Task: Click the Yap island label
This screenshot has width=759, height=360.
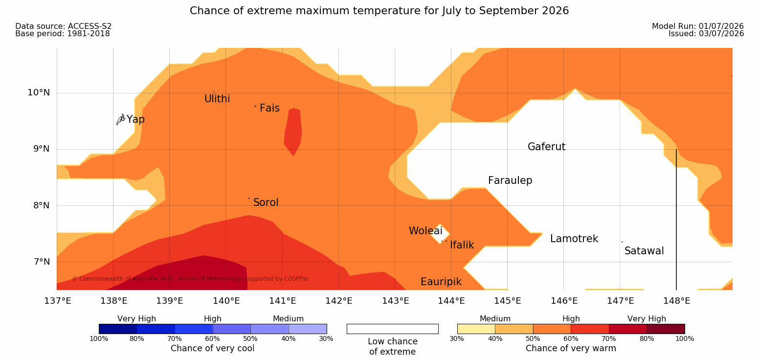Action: coord(135,120)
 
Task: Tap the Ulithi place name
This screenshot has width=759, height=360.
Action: coord(217,99)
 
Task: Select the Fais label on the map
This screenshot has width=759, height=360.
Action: coord(270,108)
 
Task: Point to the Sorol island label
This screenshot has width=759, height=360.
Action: coord(266,202)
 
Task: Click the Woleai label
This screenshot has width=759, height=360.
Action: coord(425,231)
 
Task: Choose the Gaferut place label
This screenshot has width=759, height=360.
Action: coord(547,147)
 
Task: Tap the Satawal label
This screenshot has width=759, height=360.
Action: coord(644,251)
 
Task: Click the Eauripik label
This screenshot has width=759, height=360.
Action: coord(441,282)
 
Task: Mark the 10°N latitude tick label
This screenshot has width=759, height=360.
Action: coord(39,92)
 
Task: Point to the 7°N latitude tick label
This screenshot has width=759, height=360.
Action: coord(42,262)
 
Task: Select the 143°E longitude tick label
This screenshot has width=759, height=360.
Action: coord(396,301)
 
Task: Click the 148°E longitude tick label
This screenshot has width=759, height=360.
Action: coord(676,301)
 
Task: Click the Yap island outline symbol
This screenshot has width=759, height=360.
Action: coord(121,120)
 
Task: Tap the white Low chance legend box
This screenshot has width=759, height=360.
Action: coord(392,329)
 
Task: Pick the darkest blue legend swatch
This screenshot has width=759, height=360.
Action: coord(118,329)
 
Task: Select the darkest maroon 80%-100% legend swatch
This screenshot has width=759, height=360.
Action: coord(666,329)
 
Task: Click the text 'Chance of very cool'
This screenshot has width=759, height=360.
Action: coord(212,348)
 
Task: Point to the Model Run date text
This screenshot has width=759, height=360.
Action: coord(698,26)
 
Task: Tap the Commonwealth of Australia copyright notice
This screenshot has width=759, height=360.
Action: coord(190,279)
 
